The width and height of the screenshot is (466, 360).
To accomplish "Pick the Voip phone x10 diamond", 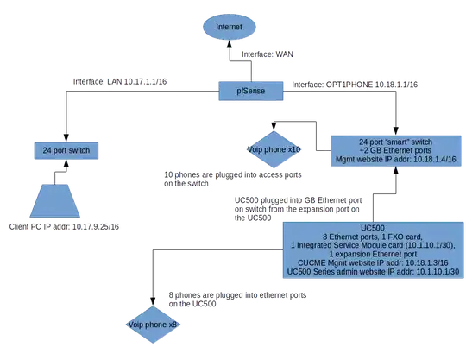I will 272,148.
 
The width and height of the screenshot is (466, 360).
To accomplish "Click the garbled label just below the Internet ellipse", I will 270,54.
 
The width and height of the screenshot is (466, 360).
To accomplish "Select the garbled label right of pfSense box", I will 356,84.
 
